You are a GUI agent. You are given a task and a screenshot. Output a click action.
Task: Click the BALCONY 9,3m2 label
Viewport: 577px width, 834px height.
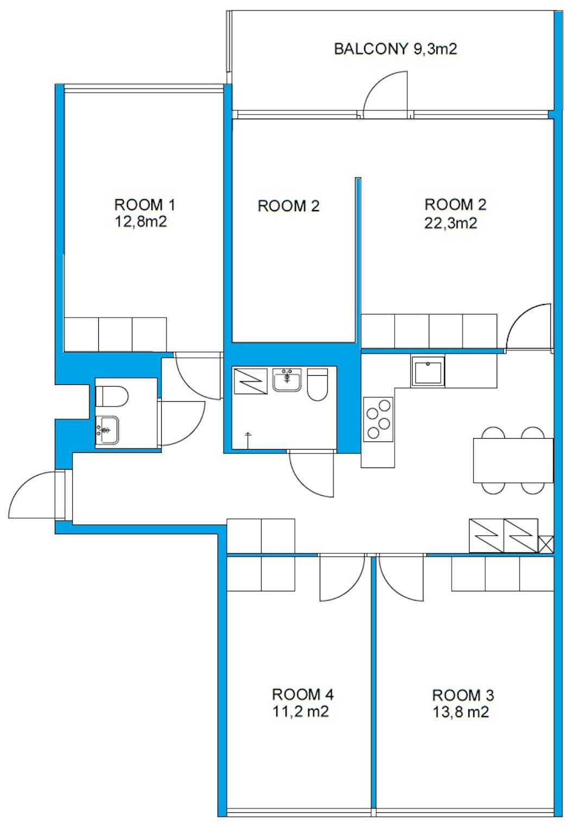[x=395, y=49]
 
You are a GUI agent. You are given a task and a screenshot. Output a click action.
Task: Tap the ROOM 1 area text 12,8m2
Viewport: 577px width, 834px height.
[x=141, y=222]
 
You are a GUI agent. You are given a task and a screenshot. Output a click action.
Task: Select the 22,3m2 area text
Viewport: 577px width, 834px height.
[x=451, y=223]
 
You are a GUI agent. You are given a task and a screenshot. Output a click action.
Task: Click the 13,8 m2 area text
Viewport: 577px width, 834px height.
[x=460, y=712]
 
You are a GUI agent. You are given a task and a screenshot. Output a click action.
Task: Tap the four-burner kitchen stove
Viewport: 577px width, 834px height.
[x=378, y=419]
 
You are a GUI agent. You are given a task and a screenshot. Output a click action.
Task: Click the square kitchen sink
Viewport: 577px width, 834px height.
[x=428, y=371]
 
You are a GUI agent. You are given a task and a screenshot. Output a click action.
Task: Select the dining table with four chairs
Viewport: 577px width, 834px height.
[x=513, y=460]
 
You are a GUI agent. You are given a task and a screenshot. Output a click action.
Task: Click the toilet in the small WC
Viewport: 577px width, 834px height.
[x=112, y=396]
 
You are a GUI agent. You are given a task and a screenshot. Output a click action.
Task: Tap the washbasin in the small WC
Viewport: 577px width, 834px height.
[x=107, y=430]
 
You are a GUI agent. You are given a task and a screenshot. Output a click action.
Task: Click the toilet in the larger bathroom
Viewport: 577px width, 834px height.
[x=317, y=384]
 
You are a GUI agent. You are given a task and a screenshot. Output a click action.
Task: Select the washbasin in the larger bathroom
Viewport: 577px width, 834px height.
[x=287, y=380]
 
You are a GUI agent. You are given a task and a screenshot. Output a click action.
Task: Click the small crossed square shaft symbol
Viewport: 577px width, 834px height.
[x=546, y=544]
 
